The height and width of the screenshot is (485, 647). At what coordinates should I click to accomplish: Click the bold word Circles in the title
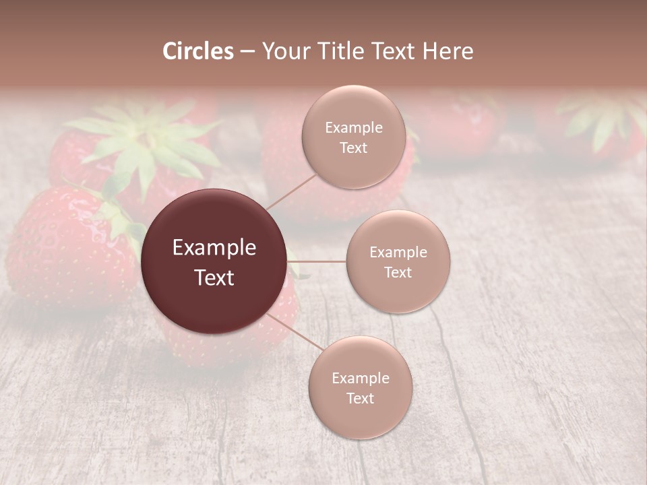[x=198, y=51]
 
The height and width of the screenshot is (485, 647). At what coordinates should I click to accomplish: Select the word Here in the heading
[x=448, y=51]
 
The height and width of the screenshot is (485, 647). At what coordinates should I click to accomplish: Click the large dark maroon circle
[x=214, y=261]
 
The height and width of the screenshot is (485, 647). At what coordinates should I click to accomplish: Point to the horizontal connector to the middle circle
[x=316, y=261]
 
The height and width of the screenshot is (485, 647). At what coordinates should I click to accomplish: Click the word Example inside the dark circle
[x=214, y=248]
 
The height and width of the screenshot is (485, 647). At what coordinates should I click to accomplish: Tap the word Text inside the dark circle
[x=214, y=278]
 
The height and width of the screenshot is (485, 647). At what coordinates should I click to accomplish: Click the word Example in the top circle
[x=353, y=128]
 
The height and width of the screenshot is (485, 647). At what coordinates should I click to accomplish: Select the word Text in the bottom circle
[x=360, y=398]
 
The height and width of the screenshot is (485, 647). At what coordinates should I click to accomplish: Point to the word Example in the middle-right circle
[x=398, y=252]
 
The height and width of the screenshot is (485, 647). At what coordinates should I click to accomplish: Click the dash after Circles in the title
[x=247, y=52]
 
